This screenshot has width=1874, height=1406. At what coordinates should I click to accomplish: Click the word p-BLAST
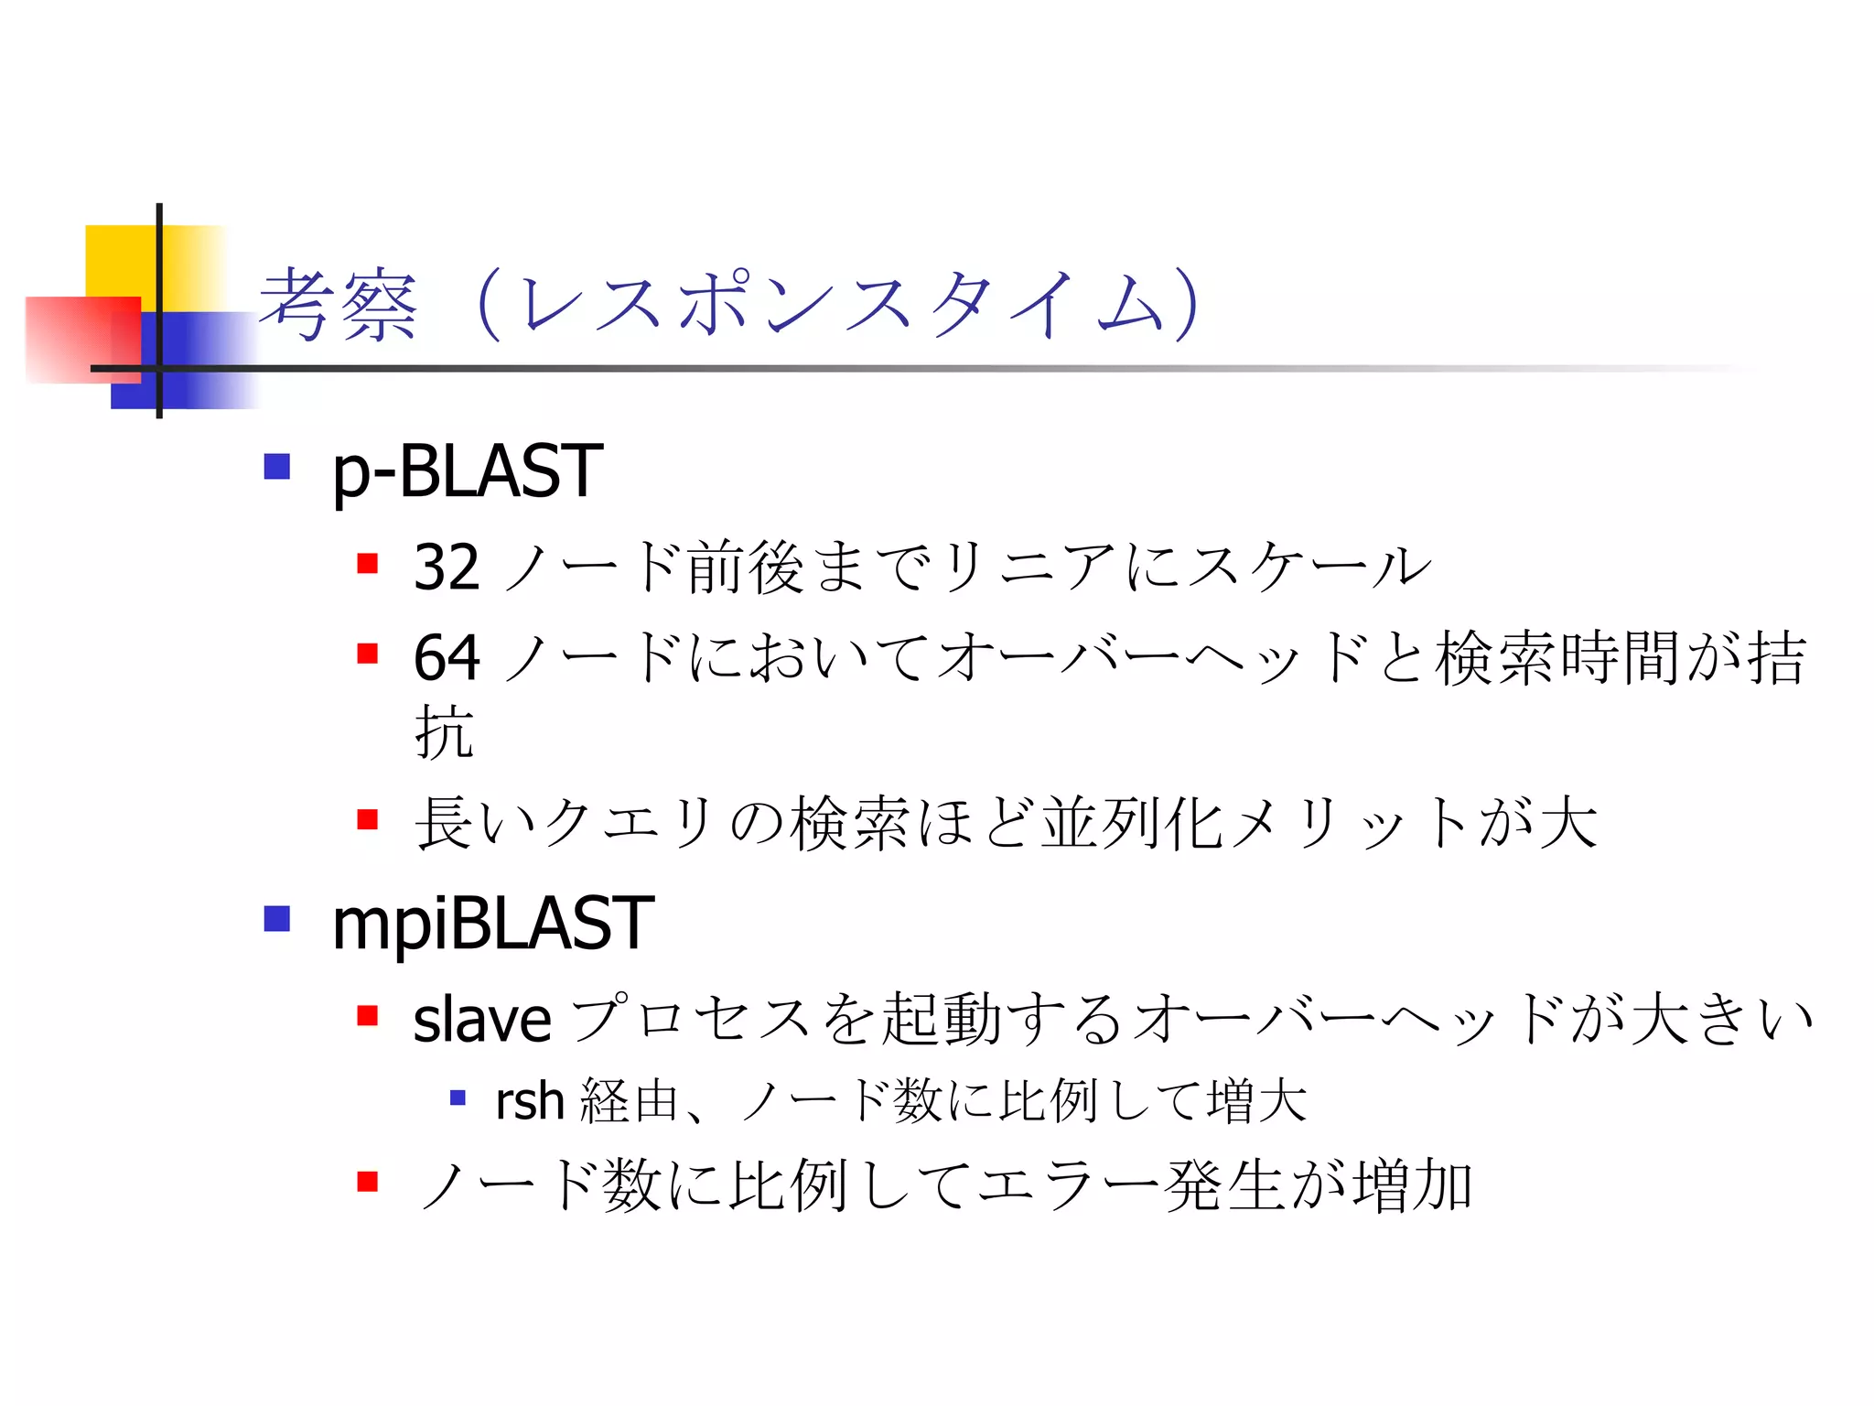pyautogui.click(x=467, y=471)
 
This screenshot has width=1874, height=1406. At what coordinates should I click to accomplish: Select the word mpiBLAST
pyautogui.click(x=492, y=924)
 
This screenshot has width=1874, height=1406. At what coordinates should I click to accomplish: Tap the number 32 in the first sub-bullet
pyautogui.click(x=447, y=568)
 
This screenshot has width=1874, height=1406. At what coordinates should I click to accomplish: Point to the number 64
pyautogui.click(x=447, y=657)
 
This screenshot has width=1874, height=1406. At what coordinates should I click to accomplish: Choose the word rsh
pyautogui.click(x=529, y=1100)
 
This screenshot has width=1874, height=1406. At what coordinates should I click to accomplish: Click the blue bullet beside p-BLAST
pyautogui.click(x=276, y=467)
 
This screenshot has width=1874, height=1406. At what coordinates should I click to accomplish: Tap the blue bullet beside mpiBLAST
pyautogui.click(x=276, y=918)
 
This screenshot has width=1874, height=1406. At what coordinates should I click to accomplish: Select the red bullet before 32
pyautogui.click(x=368, y=563)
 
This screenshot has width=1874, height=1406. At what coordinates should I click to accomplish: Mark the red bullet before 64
pyautogui.click(x=368, y=654)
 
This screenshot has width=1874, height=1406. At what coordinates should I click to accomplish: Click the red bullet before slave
pyautogui.click(x=368, y=1015)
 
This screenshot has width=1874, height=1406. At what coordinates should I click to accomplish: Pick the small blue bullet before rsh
pyautogui.click(x=458, y=1097)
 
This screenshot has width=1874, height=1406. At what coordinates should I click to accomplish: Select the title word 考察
pyautogui.click(x=339, y=306)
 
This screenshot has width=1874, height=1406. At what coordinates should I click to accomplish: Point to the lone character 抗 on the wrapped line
pyautogui.click(x=444, y=732)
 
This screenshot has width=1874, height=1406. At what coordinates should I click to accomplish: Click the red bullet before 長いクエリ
pyautogui.click(x=368, y=818)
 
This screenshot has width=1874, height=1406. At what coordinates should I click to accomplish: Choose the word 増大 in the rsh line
pyautogui.click(x=1257, y=1101)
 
